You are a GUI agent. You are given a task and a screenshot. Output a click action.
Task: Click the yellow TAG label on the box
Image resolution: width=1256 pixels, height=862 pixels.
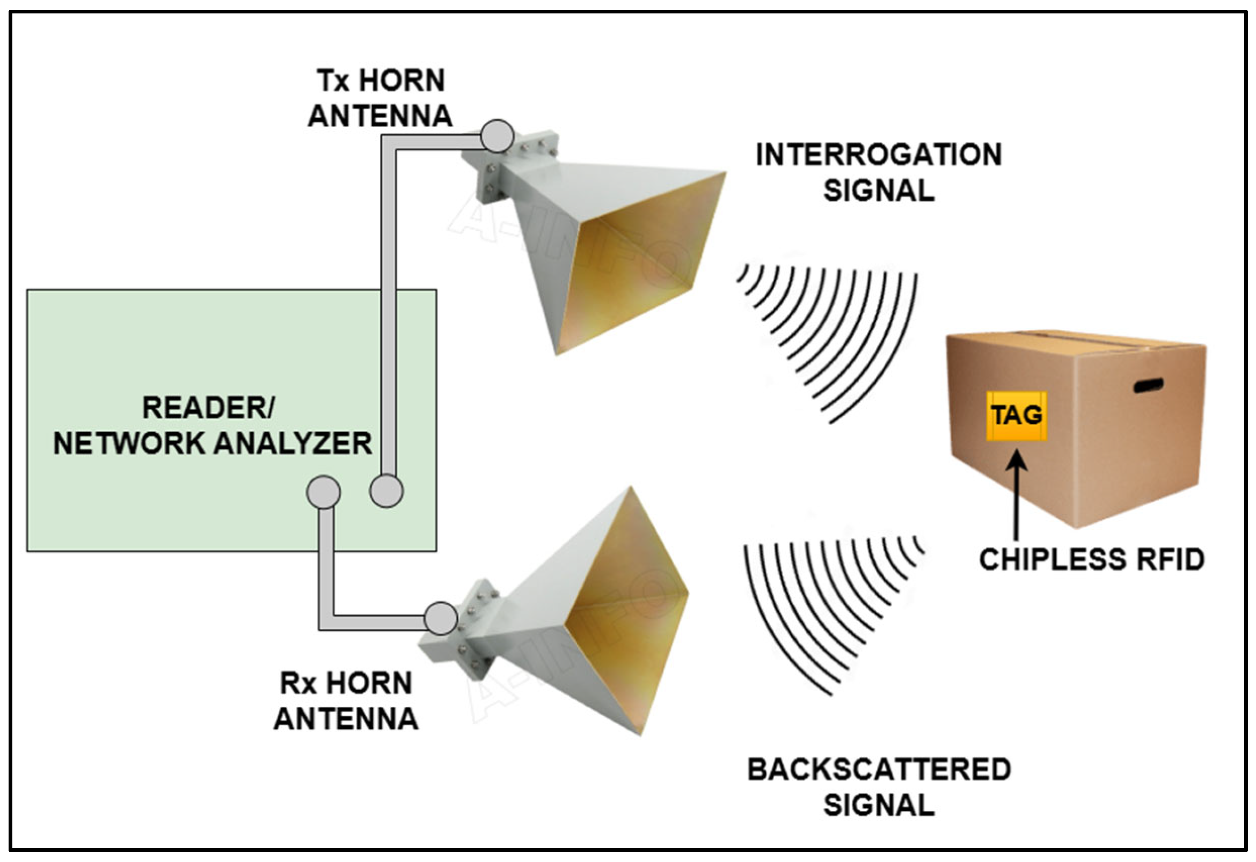pyautogui.click(x=1016, y=415)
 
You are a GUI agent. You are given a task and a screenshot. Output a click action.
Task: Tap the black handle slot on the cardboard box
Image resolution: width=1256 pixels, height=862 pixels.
pyautogui.click(x=1148, y=385)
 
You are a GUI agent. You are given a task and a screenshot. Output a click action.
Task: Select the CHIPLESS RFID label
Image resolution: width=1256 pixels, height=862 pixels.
pyautogui.click(x=1092, y=559)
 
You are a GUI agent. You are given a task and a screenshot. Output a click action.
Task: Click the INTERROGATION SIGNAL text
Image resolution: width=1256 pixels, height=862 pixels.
pyautogui.click(x=878, y=172)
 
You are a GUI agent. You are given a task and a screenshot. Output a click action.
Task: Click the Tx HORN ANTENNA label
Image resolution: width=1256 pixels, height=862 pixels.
pyautogui.click(x=380, y=98)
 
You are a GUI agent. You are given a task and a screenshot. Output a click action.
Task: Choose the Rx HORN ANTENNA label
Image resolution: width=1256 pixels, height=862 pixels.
pyautogui.click(x=346, y=701)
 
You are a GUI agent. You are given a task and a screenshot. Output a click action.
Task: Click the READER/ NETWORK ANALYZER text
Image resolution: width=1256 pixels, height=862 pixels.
pyautogui.click(x=212, y=425)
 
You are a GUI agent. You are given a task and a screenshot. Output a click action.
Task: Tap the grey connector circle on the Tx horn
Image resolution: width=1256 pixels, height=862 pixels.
pyautogui.click(x=496, y=136)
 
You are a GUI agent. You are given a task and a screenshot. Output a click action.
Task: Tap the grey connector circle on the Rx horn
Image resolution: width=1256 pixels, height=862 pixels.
pyautogui.click(x=441, y=618)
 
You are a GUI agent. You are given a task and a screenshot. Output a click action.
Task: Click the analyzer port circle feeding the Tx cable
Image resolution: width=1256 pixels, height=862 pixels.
pyautogui.click(x=386, y=491)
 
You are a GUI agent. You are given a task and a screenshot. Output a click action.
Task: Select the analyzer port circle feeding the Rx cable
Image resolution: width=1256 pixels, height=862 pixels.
pyautogui.click(x=323, y=492)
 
